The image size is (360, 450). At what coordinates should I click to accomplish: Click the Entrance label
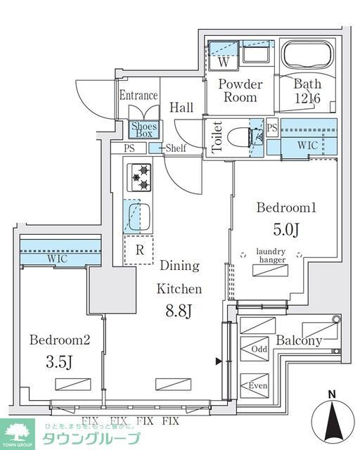tap(138, 96)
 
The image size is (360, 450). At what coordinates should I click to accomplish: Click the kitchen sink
tap(141, 216)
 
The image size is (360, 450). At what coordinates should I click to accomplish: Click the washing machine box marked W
tap(223, 60)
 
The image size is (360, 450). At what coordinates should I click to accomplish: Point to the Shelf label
tap(176, 148)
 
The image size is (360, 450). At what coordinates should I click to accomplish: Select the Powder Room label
tap(240, 91)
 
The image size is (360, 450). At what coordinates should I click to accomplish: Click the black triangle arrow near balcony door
tap(219, 361)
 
